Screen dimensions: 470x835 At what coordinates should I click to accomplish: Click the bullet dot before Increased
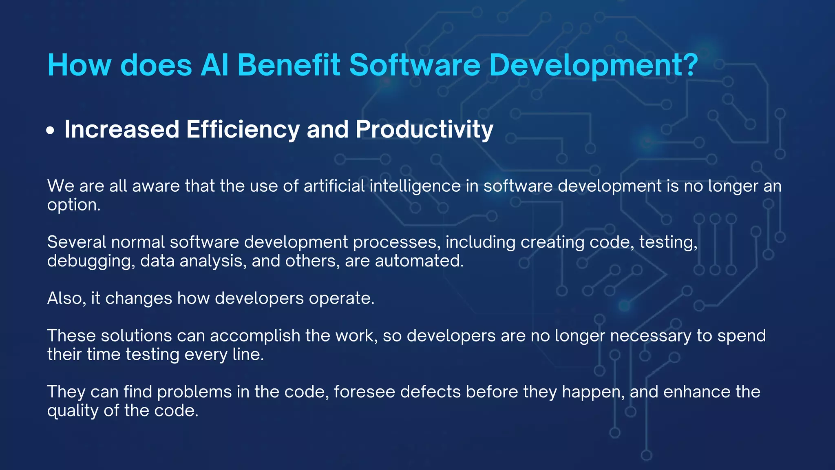click(x=50, y=131)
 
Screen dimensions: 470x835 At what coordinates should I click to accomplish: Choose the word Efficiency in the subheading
click(x=243, y=130)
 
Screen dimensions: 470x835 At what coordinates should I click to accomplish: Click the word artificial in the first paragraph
click(x=334, y=186)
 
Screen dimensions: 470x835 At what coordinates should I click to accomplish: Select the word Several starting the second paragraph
click(x=77, y=242)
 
